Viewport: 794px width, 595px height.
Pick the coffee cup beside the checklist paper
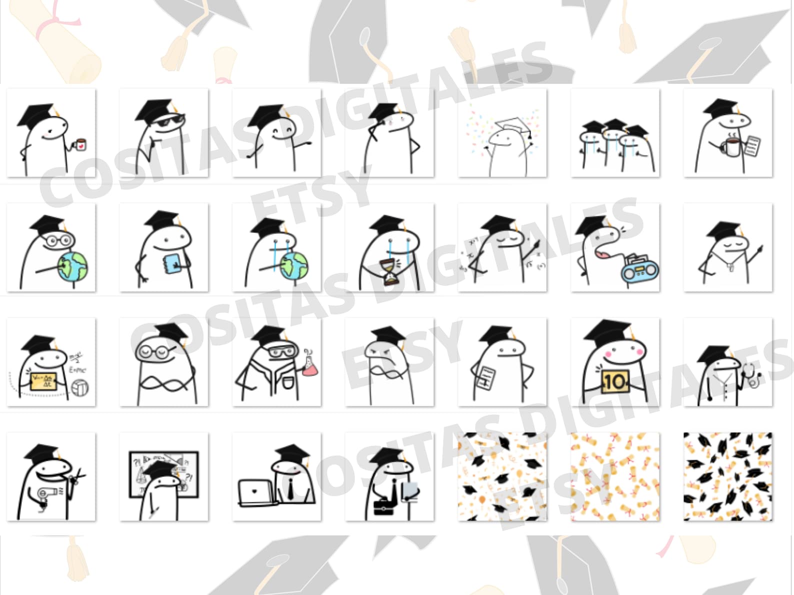click(x=731, y=147)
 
